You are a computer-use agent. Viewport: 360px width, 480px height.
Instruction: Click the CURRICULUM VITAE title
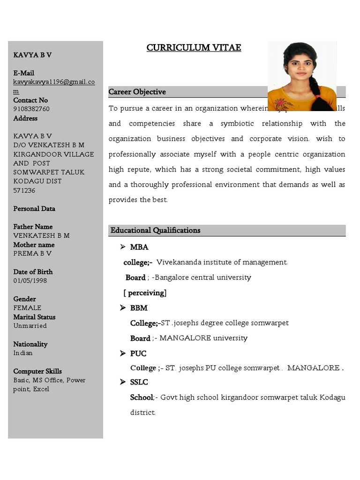coord(194,48)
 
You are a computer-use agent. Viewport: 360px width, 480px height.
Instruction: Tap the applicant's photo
coord(302,76)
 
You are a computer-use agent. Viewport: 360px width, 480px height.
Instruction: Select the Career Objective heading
coord(137,92)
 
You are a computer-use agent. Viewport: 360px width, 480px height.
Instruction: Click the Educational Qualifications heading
coord(155,230)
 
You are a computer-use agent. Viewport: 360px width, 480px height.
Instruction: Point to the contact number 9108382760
coord(31,109)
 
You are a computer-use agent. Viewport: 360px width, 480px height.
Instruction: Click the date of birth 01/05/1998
coord(30,281)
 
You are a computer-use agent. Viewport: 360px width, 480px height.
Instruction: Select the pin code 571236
coord(24,190)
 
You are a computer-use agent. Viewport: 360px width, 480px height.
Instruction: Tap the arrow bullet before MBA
coord(123,247)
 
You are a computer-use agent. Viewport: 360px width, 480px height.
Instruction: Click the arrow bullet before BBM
coord(123,308)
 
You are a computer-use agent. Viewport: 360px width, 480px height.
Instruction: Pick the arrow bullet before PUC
coord(123,353)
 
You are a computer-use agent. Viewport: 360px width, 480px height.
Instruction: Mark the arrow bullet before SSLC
coord(123,382)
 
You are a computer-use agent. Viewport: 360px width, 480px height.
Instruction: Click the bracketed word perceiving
coord(145,293)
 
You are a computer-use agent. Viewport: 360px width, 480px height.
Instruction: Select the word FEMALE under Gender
coord(27,308)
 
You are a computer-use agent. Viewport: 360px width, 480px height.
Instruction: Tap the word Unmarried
coord(30,326)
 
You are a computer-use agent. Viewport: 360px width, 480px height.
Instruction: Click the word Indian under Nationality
coord(23,353)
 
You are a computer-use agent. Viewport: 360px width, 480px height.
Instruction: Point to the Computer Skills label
coord(37,371)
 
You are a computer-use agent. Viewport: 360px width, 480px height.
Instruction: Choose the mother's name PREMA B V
coord(32,254)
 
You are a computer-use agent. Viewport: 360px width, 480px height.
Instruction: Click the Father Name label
coord(33,226)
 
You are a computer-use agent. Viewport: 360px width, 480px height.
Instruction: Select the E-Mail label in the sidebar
coord(24,73)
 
